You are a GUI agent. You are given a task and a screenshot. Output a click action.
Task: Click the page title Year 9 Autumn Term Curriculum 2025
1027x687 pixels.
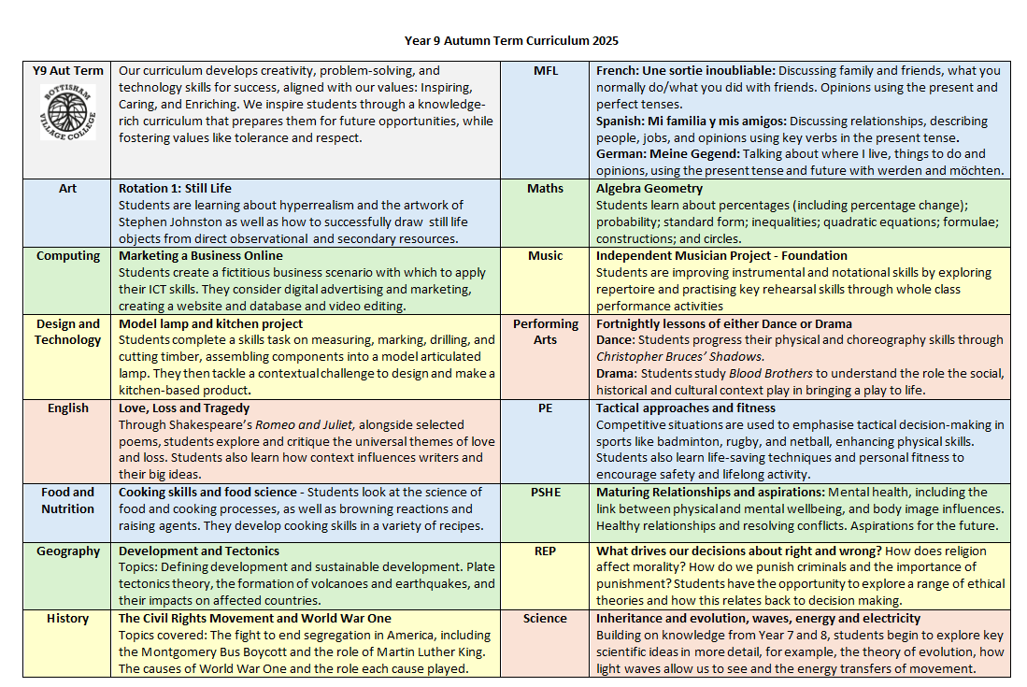[511, 40]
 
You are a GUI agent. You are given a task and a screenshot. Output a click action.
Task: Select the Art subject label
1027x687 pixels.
[67, 189]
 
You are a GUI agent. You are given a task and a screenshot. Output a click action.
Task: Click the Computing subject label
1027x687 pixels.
[67, 256]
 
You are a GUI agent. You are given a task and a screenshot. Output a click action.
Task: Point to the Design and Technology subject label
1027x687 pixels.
[67, 332]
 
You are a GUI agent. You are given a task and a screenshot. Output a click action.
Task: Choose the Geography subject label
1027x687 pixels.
[67, 551]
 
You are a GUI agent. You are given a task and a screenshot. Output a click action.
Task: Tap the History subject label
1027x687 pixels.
[67, 619]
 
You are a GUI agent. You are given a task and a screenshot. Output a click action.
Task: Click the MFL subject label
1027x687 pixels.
[545, 71]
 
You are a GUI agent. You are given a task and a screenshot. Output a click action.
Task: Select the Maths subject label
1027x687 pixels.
[545, 189]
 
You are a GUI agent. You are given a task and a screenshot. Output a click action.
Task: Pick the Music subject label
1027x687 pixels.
[545, 256]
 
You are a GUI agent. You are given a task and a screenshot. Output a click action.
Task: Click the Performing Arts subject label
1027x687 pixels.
[545, 332]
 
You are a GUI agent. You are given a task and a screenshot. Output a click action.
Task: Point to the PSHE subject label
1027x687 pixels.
[545, 493]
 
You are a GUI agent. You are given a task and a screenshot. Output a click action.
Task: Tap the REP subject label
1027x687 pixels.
[545, 551]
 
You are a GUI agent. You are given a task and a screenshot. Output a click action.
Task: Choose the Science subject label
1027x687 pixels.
[545, 619]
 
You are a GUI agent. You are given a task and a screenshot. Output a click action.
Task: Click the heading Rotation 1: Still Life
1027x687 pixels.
[175, 189]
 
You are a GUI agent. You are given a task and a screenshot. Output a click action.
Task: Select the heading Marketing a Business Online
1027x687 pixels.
[200, 256]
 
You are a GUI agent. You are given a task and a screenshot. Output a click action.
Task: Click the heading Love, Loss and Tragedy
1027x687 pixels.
[184, 408]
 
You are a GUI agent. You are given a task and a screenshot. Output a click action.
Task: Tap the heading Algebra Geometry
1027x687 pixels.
[649, 189]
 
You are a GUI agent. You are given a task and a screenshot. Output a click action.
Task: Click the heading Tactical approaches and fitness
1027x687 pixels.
[686, 408]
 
